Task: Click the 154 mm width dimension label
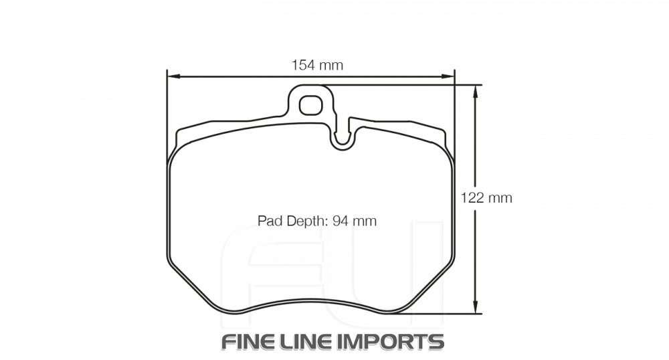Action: tap(316, 65)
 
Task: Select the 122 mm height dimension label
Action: tap(486, 198)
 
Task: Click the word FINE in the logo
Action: tap(249, 341)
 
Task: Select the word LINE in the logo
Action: tap(309, 341)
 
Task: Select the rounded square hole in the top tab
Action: tap(310, 105)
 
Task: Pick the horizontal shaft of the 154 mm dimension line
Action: tap(268, 76)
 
